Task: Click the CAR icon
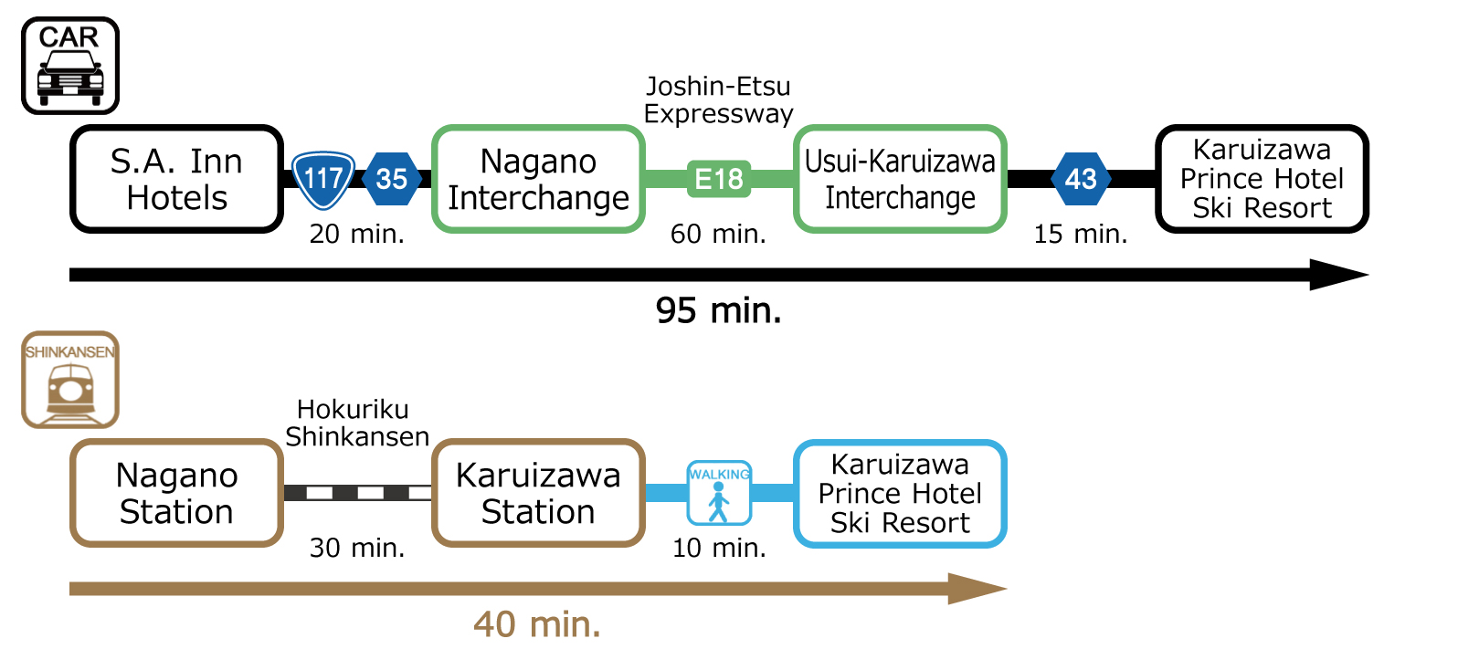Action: [70, 66]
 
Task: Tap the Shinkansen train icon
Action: [70, 380]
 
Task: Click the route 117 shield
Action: [323, 180]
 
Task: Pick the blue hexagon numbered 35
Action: [391, 179]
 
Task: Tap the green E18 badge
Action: [719, 179]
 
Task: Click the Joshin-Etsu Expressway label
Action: [719, 99]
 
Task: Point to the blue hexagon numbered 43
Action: [1081, 179]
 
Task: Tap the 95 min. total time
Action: [719, 310]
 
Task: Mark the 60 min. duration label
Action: [719, 234]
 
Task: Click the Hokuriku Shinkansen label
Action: [356, 423]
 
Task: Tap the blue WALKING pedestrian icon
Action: [719, 493]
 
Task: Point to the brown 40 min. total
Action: [537, 624]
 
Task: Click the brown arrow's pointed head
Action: [1007, 589]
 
